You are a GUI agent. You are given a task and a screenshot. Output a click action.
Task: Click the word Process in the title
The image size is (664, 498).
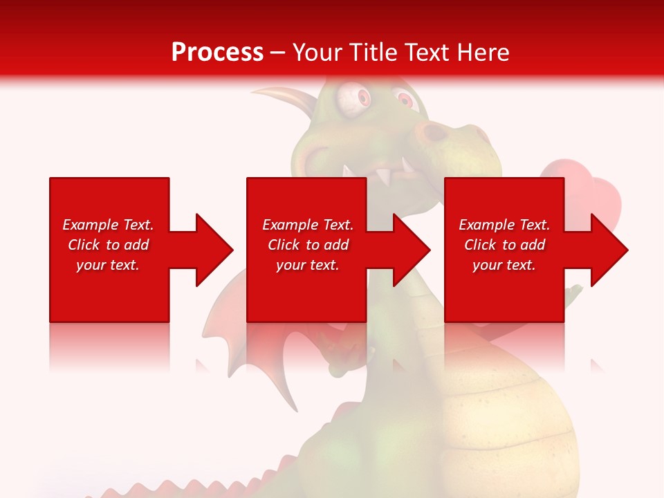click(217, 52)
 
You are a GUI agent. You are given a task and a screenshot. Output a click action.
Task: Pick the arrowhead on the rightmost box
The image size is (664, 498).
click(608, 250)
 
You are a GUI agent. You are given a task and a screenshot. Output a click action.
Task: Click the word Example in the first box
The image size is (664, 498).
click(91, 225)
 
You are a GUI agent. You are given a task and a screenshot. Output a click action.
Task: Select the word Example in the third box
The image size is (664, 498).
click(487, 225)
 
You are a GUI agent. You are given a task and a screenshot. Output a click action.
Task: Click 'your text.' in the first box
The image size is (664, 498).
click(108, 265)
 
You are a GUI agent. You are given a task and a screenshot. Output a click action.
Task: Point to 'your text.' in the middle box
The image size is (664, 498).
click(308, 265)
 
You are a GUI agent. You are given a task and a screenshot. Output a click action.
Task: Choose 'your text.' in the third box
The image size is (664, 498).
click(504, 265)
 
